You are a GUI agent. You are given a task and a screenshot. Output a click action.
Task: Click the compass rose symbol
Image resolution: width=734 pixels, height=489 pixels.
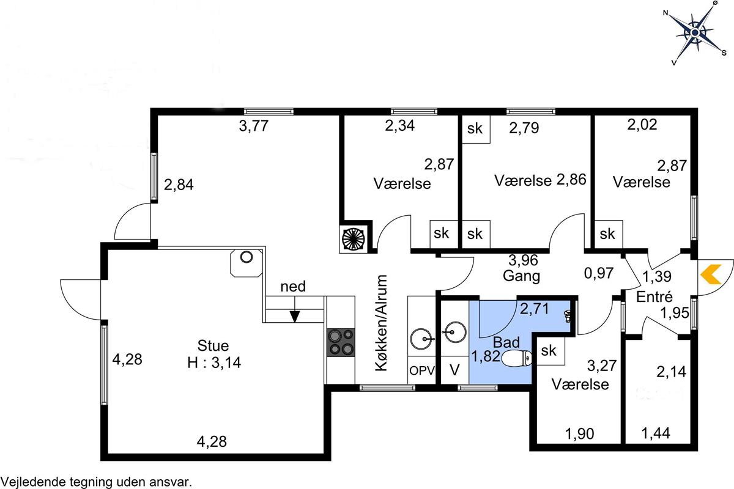pyautogui.click(x=695, y=33)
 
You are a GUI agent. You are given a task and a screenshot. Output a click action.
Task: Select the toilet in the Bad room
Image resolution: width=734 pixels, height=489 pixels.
pyautogui.click(x=516, y=358)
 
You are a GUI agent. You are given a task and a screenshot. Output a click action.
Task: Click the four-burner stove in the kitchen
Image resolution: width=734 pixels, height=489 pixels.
pyautogui.click(x=341, y=342)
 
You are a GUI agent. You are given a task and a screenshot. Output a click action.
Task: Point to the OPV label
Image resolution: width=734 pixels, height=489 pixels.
pyautogui.click(x=421, y=371)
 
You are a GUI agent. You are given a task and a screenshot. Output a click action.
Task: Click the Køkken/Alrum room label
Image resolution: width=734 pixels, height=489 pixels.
pyautogui.click(x=382, y=323)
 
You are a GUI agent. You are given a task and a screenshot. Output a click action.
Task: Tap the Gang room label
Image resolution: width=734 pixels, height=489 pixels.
pyautogui.click(x=521, y=276)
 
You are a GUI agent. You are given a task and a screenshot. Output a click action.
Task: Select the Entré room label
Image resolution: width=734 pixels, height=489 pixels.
pyautogui.click(x=654, y=296)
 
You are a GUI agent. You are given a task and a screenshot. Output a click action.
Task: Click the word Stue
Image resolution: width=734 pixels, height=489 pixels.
pyautogui.click(x=213, y=345)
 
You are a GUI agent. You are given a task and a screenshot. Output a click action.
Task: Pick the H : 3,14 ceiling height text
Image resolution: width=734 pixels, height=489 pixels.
pyautogui.click(x=214, y=362)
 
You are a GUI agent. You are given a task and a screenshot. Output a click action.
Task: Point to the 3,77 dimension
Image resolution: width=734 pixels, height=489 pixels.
pyautogui.click(x=254, y=126)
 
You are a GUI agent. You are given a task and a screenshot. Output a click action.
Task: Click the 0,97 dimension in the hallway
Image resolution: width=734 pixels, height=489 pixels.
pyautogui.click(x=599, y=273)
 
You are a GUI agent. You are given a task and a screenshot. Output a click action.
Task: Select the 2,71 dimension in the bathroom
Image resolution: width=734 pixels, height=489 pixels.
pyautogui.click(x=535, y=309)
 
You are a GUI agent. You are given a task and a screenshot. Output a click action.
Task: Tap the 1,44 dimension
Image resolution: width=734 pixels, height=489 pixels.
pyautogui.click(x=656, y=433)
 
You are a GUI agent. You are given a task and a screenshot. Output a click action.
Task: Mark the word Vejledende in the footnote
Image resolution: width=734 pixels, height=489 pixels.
pyautogui.click(x=34, y=482)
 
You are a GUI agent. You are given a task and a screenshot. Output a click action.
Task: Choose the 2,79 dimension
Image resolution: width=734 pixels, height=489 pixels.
pyautogui.click(x=524, y=128)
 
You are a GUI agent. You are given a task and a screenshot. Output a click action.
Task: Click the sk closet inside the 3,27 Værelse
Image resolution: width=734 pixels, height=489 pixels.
pyautogui.click(x=550, y=351)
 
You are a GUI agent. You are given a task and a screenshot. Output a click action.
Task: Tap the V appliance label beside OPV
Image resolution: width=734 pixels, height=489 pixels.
pyautogui.click(x=454, y=370)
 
